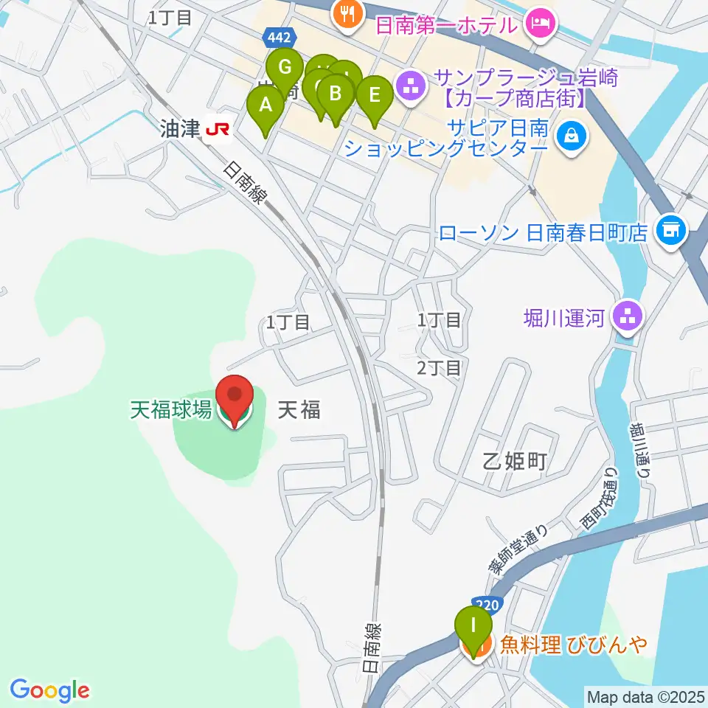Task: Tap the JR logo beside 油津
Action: (218, 130)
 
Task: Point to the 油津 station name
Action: (180, 130)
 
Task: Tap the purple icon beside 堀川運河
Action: (628, 318)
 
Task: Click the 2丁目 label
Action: (439, 367)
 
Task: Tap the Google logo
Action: (50, 690)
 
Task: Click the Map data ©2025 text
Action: (645, 695)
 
